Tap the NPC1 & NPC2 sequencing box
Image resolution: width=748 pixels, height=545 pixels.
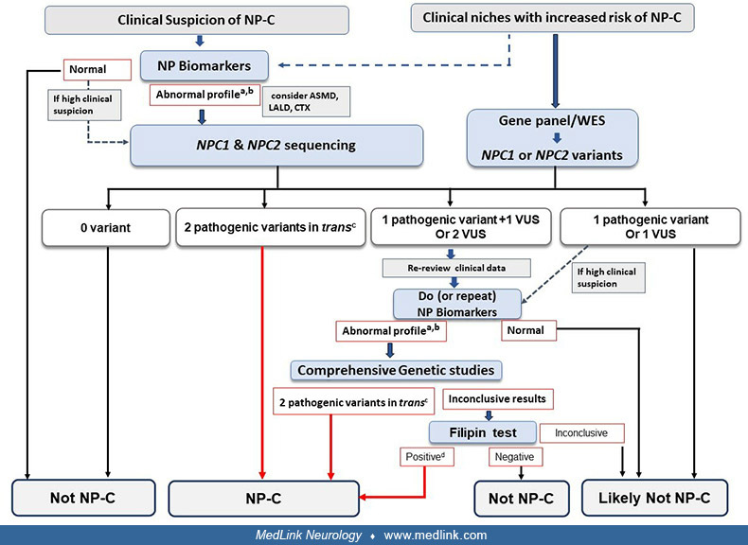pos(276,146)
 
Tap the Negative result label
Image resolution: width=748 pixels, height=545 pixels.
pos(515,456)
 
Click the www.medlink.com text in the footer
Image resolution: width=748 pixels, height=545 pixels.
pos(436,535)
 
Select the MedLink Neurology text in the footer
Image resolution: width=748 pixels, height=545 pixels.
pos(309,535)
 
